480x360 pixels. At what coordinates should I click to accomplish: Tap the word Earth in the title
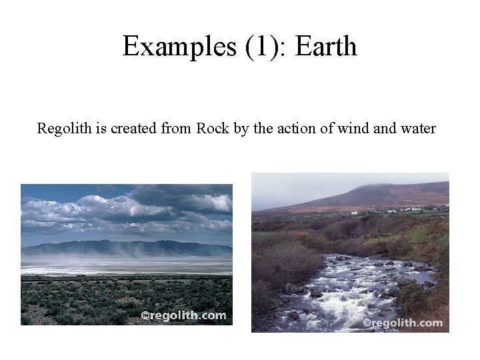326,46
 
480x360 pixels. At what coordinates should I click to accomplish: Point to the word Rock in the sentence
213,128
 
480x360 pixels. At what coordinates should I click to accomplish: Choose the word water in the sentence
418,128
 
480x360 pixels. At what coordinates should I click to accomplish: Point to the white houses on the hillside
400,209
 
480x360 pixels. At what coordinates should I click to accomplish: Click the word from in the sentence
177,128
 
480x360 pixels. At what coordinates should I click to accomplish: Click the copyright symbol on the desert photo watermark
145,315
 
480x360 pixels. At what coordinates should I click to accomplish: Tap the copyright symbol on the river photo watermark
367,323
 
